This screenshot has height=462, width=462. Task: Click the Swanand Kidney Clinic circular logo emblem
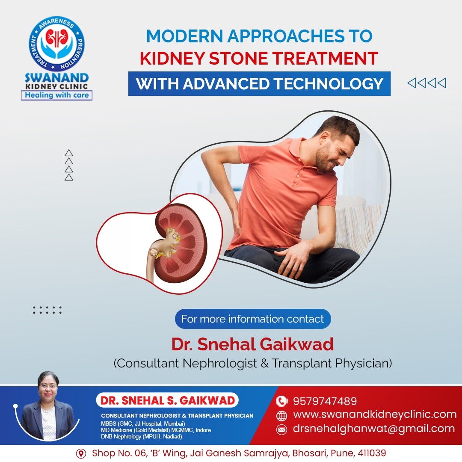click(x=56, y=44)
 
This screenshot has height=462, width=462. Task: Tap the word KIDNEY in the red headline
click(x=172, y=58)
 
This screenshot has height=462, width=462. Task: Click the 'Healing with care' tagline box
click(x=57, y=95)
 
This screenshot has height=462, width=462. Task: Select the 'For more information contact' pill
click(x=253, y=319)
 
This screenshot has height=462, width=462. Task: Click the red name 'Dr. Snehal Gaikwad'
click(x=252, y=344)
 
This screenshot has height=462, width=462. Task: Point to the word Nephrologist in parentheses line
click(x=220, y=363)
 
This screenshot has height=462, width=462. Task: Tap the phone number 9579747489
click(x=325, y=401)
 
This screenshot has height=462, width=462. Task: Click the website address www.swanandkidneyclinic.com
click(x=375, y=414)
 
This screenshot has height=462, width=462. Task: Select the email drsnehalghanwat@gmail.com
click(x=374, y=428)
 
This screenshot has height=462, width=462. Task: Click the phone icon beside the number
click(x=281, y=401)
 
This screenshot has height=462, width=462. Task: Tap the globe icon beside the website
click(x=281, y=416)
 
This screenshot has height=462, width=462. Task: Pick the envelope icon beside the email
click(x=281, y=430)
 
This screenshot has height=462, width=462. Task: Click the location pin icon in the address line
click(x=81, y=453)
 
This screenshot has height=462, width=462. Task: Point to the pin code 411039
click(x=372, y=453)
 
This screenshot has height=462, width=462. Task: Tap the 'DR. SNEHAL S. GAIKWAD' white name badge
click(x=167, y=400)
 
